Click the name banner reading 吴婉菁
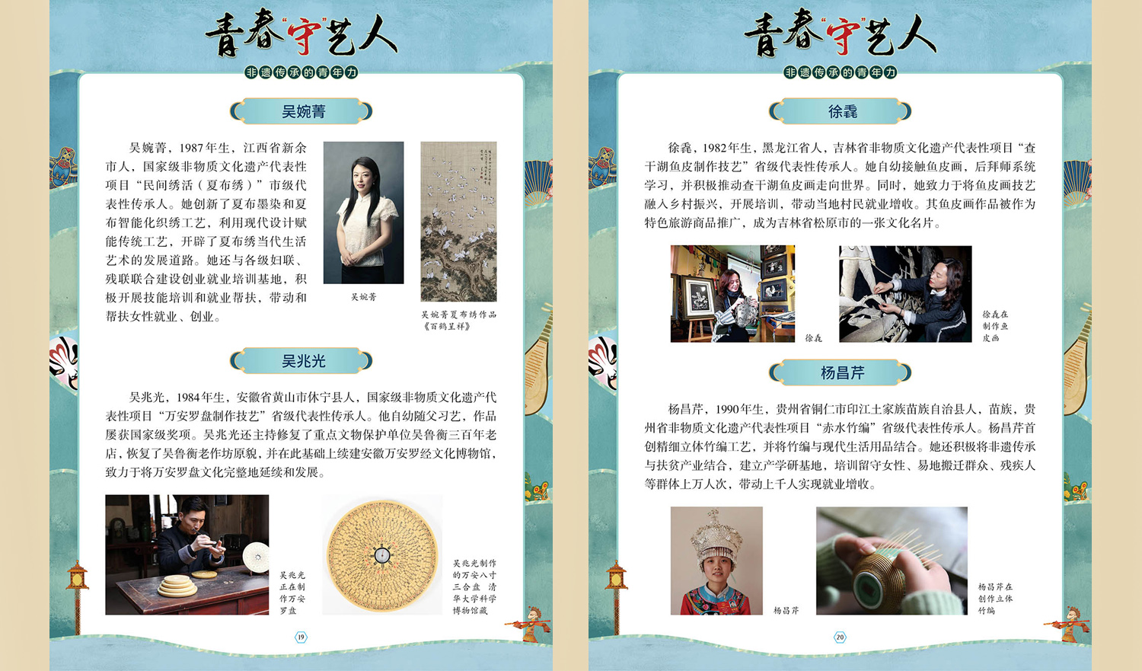pyautogui.click(x=301, y=111)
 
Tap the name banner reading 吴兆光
pyautogui.click(x=301, y=361)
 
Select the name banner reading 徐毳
pyautogui.click(x=841, y=111)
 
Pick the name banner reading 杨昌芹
pyautogui.click(x=841, y=372)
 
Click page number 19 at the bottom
pyautogui.click(x=301, y=637)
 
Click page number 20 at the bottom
pyautogui.click(x=840, y=637)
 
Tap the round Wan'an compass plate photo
pyautogui.click(x=382, y=555)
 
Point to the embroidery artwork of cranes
pyautogui.click(x=458, y=222)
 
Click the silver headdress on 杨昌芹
pyautogui.click(x=716, y=535)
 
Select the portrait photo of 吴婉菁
pyautogui.click(x=363, y=212)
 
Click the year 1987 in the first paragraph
pyautogui.click(x=191, y=149)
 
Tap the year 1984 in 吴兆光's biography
pyautogui.click(x=189, y=398)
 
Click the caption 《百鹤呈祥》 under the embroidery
pyautogui.click(x=447, y=326)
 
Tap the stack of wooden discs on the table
pyautogui.click(x=177, y=586)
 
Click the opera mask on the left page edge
pyautogui.click(x=64, y=362)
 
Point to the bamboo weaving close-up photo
pyautogui.click(x=892, y=561)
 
